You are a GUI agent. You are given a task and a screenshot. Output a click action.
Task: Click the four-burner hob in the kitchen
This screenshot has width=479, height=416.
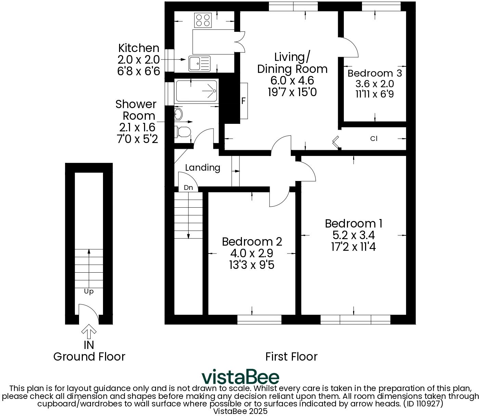(x=202, y=20)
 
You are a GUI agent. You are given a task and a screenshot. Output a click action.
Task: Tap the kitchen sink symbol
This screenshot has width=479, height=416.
(x=199, y=63)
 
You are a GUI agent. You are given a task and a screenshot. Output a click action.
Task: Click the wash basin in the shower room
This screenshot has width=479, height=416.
(x=178, y=114)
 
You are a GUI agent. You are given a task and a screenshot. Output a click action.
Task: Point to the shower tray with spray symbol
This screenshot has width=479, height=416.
(x=196, y=91)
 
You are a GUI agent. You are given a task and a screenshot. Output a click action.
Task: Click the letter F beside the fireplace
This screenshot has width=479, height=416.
(x=244, y=101)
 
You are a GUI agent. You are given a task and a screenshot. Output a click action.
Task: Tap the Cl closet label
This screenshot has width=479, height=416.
(x=374, y=139)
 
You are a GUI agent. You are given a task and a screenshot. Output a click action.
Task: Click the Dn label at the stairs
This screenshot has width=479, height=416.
(x=188, y=187)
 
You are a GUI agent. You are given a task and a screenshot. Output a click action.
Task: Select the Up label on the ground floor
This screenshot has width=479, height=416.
(x=89, y=291)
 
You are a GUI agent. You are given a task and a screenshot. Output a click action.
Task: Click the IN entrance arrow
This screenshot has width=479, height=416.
(x=89, y=331)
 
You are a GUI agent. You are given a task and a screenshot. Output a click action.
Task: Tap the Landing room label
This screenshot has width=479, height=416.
(x=203, y=168)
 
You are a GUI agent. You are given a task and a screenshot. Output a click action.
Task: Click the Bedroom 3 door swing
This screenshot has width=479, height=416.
(x=349, y=47)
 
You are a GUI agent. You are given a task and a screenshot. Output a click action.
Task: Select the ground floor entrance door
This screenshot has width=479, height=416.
(x=88, y=313)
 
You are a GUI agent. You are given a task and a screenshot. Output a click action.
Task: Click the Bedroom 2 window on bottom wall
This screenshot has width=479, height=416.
(x=259, y=320)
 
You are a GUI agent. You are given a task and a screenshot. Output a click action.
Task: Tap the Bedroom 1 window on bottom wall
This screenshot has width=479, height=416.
(x=355, y=320)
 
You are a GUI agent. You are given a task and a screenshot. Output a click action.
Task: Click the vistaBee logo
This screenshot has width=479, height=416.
(x=240, y=377)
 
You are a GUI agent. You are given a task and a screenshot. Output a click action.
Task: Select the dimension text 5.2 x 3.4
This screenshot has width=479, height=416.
(x=353, y=235)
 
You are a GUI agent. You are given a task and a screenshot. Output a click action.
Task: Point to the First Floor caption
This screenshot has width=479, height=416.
(x=291, y=356)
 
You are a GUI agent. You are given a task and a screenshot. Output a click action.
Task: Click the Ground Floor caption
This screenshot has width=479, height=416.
(x=89, y=356)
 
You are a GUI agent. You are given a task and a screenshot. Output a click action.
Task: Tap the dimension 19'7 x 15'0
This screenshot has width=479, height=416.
(x=292, y=92)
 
